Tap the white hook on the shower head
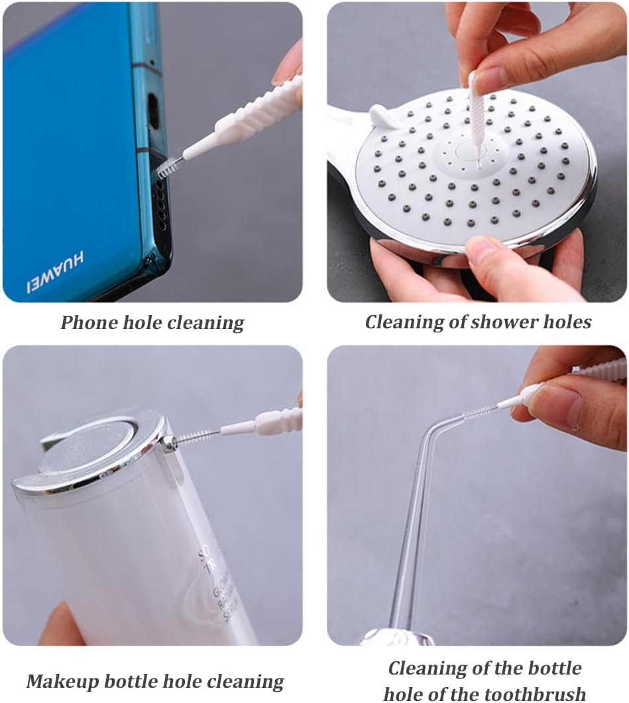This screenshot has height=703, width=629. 384,117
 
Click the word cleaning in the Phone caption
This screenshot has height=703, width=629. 205,323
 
